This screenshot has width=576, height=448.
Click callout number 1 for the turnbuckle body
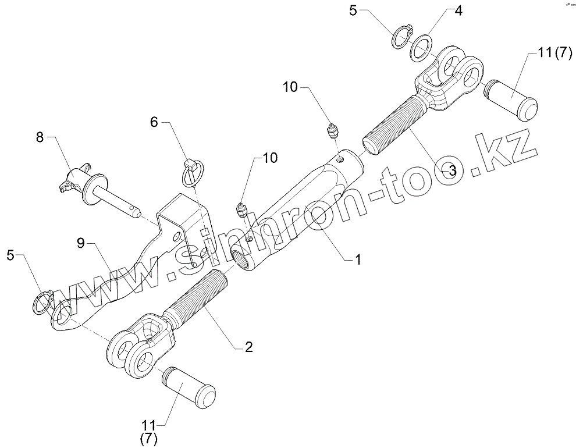(x=358, y=260)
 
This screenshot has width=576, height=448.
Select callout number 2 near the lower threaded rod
(x=248, y=347)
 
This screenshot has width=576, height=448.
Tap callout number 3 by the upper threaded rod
(x=449, y=170)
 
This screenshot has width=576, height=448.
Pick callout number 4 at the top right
(x=458, y=11)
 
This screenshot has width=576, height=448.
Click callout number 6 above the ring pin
(x=154, y=122)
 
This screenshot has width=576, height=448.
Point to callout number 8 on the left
(x=40, y=138)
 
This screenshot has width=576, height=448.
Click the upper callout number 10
(x=290, y=87)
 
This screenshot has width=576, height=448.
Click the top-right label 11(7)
(x=547, y=54)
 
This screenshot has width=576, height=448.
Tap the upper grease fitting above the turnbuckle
(x=333, y=131)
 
